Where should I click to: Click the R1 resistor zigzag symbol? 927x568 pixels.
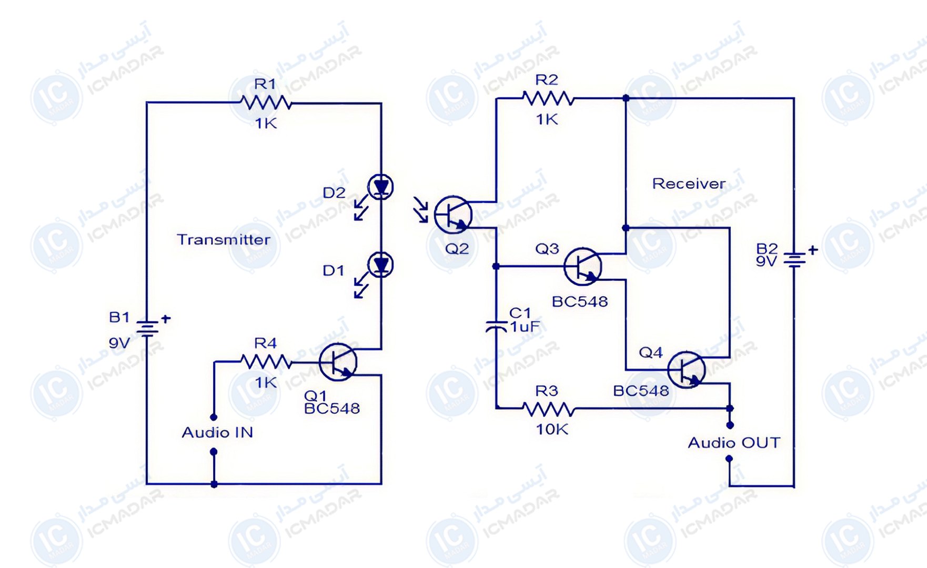click(x=265, y=102)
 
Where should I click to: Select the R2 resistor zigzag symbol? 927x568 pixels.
click(x=548, y=98)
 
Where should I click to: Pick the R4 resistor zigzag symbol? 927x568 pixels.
click(x=266, y=362)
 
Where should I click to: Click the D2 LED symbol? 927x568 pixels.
click(x=380, y=187)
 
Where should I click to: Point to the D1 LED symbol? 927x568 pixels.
click(x=380, y=265)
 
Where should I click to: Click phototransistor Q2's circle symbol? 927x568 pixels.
click(x=453, y=215)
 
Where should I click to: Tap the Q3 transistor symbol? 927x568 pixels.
click(x=582, y=267)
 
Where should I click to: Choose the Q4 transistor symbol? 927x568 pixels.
click(x=686, y=370)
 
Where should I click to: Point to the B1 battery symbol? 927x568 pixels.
click(x=147, y=329)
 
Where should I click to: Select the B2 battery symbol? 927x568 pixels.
click(x=794, y=260)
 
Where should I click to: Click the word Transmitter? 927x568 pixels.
click(x=224, y=240)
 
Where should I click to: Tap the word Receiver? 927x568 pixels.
click(x=689, y=184)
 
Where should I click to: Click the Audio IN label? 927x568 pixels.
click(x=217, y=432)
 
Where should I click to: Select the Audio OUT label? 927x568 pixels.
click(x=734, y=443)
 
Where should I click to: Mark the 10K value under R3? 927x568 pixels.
click(x=552, y=430)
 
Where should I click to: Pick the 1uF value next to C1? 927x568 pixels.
click(x=525, y=327)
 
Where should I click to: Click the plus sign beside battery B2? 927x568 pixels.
click(x=813, y=250)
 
